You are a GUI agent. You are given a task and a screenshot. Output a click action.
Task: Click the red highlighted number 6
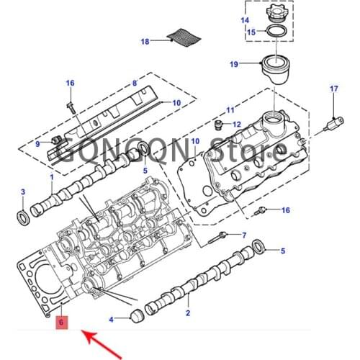[63, 323]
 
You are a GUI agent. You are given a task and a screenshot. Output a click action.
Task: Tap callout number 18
[145, 42]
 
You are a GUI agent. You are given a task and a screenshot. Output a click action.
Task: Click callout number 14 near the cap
[244, 20]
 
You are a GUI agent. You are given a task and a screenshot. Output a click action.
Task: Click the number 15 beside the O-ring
[251, 32]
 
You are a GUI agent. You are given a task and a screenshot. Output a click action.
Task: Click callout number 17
[333, 89]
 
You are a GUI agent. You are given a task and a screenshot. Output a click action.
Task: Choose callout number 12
[236, 125]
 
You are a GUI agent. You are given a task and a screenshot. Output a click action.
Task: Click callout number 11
[230, 110]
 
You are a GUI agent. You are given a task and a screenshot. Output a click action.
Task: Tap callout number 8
[134, 84]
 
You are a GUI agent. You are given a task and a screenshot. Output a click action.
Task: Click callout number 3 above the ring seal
[22, 192]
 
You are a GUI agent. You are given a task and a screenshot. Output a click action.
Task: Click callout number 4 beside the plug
[111, 318]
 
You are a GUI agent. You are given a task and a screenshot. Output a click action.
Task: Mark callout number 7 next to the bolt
[243, 235]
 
